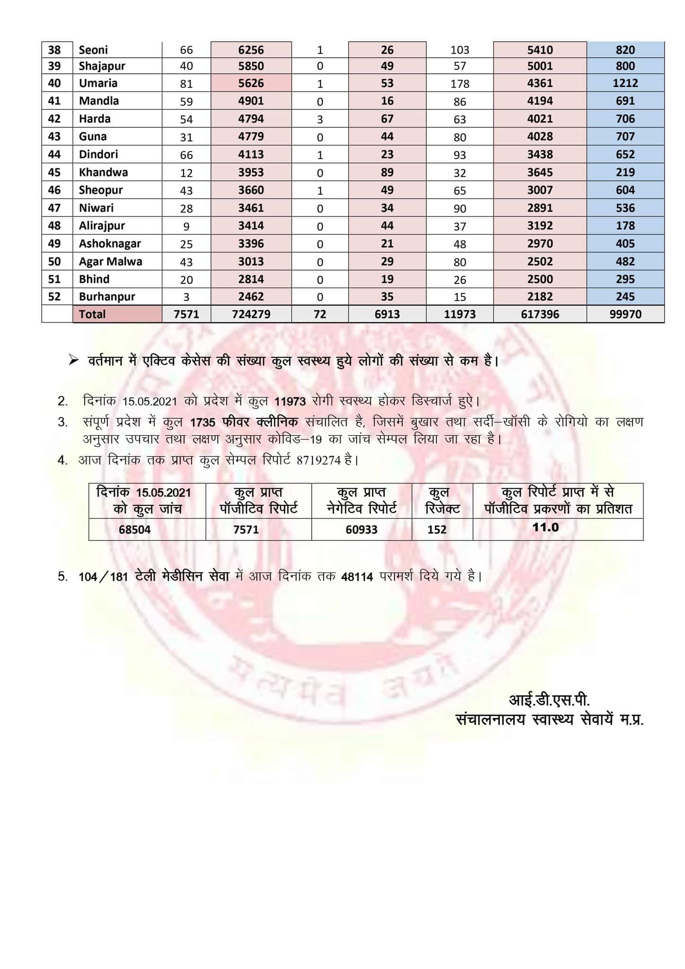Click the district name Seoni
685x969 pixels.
click(x=93, y=50)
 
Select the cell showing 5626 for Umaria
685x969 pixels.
click(x=251, y=83)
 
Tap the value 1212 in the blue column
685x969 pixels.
click(x=625, y=83)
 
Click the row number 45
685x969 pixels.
click(x=54, y=172)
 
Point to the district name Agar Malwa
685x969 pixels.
click(x=110, y=261)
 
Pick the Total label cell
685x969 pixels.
click(x=92, y=314)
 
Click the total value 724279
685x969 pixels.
click(x=251, y=314)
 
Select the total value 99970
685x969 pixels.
click(x=625, y=314)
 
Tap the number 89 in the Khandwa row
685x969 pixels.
click(x=387, y=172)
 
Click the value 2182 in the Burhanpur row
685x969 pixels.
click(x=540, y=297)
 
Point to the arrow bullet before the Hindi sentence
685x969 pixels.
click(x=73, y=361)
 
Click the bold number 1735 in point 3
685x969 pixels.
click(x=202, y=423)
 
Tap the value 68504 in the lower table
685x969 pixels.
click(x=135, y=529)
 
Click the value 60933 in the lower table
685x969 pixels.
click(x=361, y=529)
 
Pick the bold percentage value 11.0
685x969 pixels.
click(x=545, y=527)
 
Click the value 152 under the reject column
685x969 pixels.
click(x=437, y=529)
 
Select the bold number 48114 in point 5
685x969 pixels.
click(x=357, y=577)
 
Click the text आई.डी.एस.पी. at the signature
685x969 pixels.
click(x=549, y=700)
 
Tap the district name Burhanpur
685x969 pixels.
click(x=107, y=297)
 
